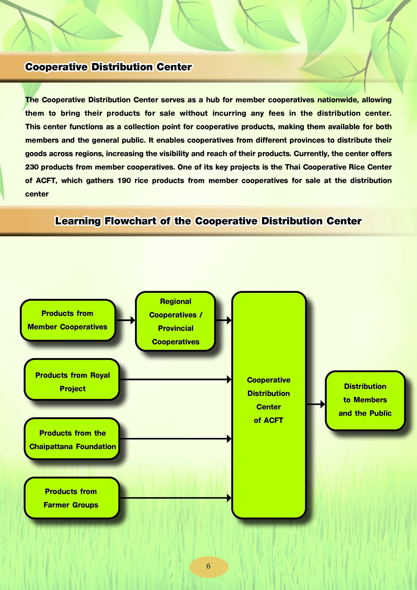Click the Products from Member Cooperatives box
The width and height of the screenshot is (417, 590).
(68, 320)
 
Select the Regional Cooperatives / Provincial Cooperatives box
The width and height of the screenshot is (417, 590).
(175, 321)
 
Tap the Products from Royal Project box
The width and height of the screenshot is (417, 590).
(72, 379)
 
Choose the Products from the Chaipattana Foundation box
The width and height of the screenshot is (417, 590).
(72, 439)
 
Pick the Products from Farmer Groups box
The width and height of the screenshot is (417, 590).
(72, 498)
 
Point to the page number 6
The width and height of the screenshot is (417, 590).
(208, 566)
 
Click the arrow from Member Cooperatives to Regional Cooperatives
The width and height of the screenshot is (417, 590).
(125, 320)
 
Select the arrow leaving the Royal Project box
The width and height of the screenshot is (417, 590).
(176, 379)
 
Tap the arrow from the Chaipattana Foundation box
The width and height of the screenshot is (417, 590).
(176, 439)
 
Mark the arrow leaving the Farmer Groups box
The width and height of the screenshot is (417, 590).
(176, 498)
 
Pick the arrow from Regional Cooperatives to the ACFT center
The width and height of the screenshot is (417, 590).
(223, 320)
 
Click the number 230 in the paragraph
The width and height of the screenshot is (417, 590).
(32, 167)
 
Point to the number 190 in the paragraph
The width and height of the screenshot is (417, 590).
(124, 180)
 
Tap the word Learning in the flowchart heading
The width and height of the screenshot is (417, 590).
(78, 221)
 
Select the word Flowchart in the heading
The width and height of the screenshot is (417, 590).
(130, 221)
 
